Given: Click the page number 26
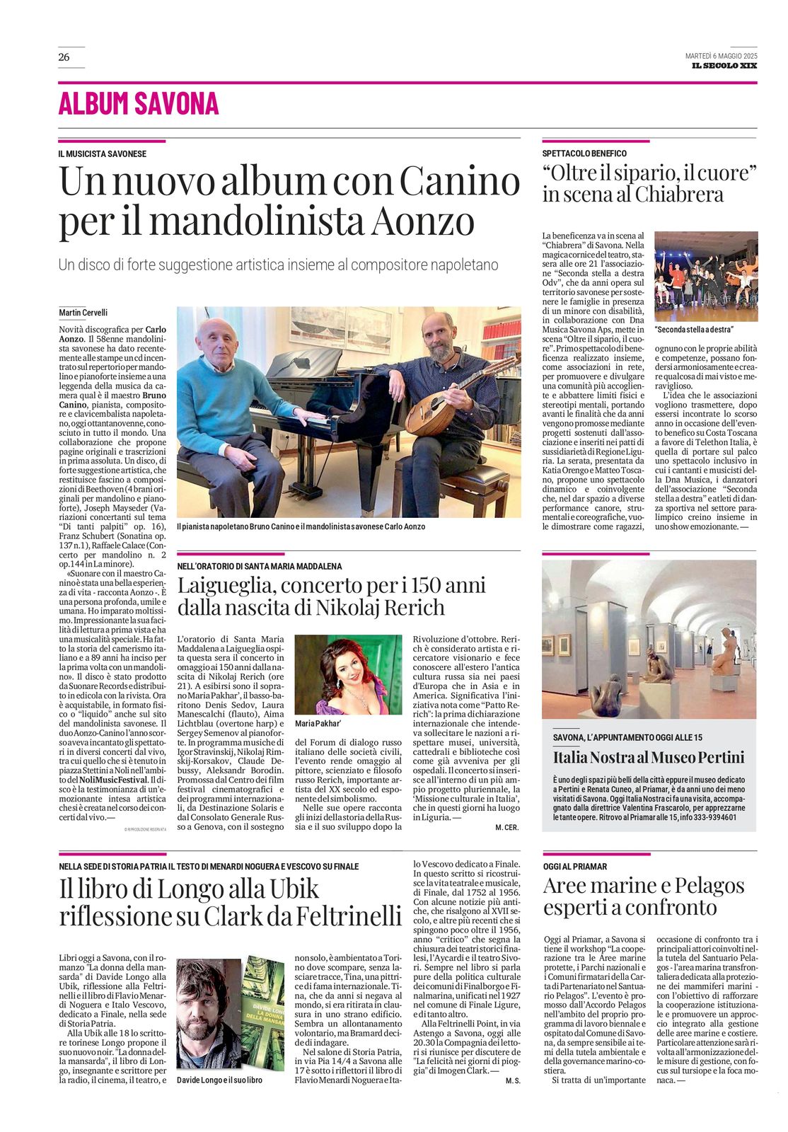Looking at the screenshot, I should click(x=64, y=57).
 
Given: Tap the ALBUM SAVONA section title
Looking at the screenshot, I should click(x=139, y=104).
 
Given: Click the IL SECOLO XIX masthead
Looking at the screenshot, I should click(x=724, y=66).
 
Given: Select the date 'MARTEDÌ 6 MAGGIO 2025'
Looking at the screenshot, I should click(x=720, y=56).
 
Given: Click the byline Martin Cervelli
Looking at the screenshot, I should click(x=83, y=313).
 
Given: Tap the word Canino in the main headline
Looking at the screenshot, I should click(x=460, y=182).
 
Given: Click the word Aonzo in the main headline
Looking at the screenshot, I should click(x=423, y=221).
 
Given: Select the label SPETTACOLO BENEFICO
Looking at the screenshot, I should click(x=584, y=154).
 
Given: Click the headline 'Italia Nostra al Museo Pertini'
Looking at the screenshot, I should click(x=649, y=758).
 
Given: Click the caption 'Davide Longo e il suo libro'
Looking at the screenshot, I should click(x=219, y=1080).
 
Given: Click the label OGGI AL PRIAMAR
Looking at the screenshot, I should click(x=575, y=867).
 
